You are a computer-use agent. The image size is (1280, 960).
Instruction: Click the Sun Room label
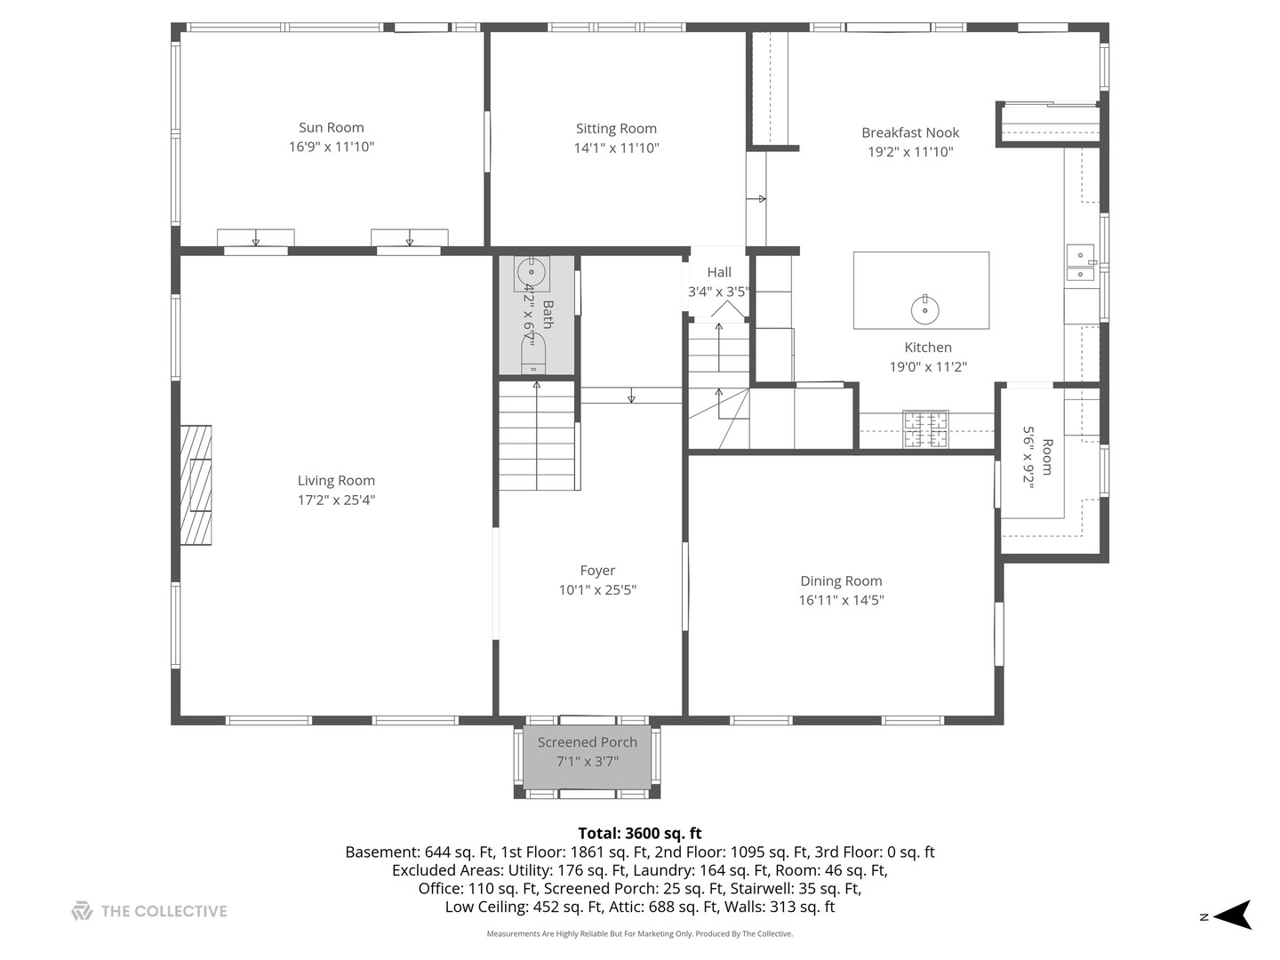(x=332, y=127)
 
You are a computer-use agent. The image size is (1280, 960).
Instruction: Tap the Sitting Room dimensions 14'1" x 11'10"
(x=616, y=148)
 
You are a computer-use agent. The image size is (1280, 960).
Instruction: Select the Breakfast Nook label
(x=910, y=132)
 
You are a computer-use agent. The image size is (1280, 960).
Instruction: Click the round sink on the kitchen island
(x=924, y=309)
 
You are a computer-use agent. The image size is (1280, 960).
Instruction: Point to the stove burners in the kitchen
(x=925, y=429)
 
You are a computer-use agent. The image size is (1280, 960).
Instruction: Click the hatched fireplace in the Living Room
(x=196, y=485)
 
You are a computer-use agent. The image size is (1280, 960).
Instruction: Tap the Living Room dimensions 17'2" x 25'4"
(x=337, y=500)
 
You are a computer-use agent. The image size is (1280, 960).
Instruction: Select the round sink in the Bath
(x=532, y=272)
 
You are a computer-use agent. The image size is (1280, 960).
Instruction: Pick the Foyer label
(x=597, y=570)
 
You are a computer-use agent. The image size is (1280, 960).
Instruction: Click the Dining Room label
(x=841, y=580)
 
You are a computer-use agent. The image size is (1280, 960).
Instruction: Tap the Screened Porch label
(x=588, y=742)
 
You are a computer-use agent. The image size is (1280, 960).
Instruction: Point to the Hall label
(x=719, y=272)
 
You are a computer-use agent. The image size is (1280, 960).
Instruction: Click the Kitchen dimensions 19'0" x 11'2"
(x=928, y=366)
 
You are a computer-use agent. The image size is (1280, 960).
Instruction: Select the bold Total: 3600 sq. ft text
(x=640, y=833)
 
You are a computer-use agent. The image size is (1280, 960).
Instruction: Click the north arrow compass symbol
(x=1232, y=915)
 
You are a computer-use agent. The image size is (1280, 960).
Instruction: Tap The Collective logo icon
(x=82, y=911)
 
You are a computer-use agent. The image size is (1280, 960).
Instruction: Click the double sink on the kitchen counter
(x=1081, y=263)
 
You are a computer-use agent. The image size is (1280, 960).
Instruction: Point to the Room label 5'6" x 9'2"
(x=1037, y=457)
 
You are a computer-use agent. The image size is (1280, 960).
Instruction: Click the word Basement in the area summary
(x=382, y=852)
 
